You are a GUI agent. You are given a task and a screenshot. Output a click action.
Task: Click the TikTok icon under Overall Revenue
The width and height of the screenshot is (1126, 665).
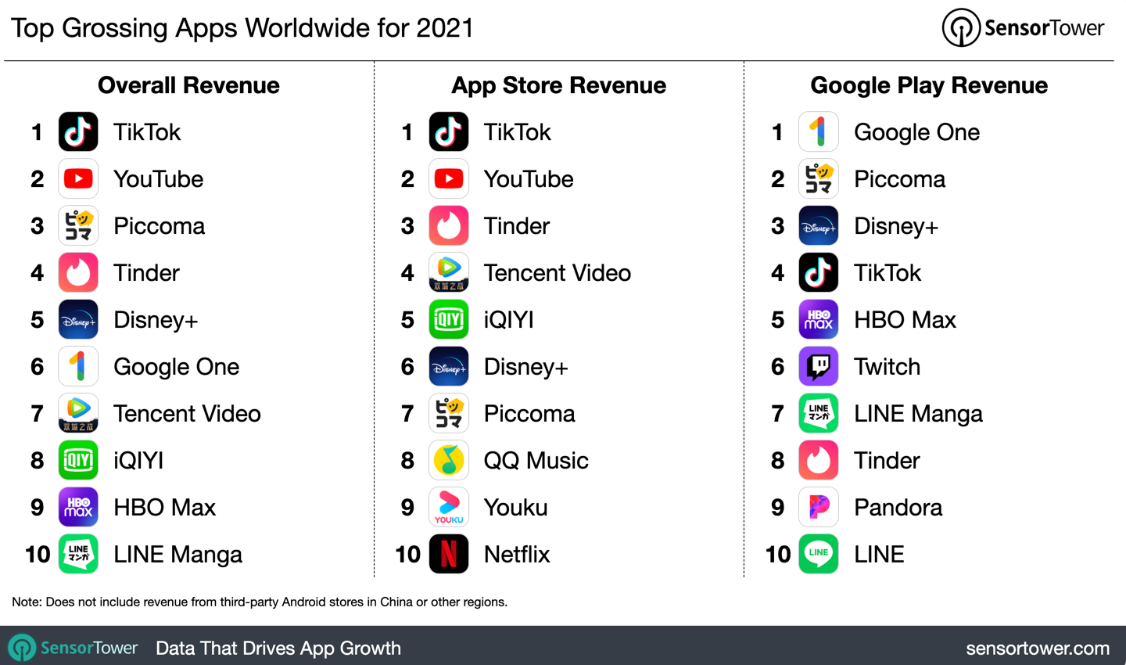tap(78, 131)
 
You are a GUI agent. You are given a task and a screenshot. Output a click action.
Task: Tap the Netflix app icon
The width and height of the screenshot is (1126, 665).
tap(449, 554)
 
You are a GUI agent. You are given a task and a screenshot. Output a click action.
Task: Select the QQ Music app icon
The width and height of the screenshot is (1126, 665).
tap(449, 460)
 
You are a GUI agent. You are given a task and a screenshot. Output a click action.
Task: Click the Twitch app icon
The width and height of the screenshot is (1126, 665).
tap(819, 366)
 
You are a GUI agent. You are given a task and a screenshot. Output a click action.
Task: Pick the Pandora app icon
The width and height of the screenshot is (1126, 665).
tap(819, 507)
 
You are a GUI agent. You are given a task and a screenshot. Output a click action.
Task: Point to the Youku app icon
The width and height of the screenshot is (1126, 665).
tap(449, 507)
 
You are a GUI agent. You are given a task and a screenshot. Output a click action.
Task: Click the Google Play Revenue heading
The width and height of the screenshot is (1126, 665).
tap(929, 85)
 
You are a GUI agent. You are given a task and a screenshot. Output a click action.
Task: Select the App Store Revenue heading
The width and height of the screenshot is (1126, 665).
tap(558, 85)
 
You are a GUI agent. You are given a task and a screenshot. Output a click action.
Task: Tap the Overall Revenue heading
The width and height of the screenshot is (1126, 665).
tap(188, 85)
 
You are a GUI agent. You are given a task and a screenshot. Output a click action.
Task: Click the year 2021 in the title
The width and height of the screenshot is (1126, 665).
tap(445, 28)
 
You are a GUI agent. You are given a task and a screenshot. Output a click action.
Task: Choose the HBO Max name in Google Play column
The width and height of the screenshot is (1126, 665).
tap(905, 320)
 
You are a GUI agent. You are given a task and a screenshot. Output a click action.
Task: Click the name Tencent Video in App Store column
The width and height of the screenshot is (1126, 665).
tap(557, 273)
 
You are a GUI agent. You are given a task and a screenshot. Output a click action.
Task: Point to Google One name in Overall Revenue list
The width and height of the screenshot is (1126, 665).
tap(176, 367)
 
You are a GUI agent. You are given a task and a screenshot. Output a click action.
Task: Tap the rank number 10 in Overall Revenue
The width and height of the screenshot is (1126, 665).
tap(38, 555)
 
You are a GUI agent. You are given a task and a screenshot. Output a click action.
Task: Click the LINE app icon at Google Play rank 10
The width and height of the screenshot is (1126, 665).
tap(819, 554)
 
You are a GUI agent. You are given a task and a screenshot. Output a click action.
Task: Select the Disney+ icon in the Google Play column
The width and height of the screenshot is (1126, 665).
tap(819, 225)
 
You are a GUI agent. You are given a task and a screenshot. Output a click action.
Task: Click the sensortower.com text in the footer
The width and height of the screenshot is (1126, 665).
tap(1038, 649)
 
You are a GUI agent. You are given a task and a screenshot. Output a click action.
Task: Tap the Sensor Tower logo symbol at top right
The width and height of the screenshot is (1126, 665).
tap(961, 28)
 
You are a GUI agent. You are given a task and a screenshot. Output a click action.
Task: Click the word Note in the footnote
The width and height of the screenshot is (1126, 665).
tap(26, 602)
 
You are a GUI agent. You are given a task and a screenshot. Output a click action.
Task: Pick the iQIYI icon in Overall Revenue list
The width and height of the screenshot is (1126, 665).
tap(78, 460)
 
